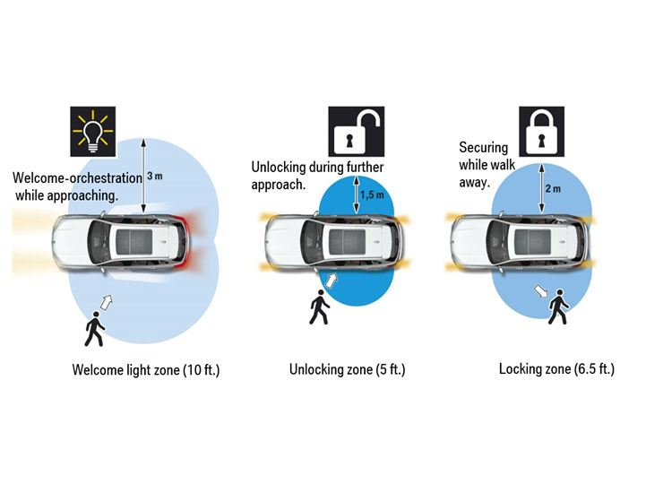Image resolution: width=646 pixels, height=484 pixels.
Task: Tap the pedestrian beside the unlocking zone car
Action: coord(319,308)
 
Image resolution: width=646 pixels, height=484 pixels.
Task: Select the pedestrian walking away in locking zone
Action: coord(559,307)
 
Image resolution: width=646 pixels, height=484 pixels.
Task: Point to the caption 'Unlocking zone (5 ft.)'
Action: coord(347,368)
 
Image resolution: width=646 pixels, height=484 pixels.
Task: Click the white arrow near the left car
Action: coord(109,302)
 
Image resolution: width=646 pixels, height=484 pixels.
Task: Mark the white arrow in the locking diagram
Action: coord(541,291)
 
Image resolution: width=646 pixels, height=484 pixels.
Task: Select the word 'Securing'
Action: coord(483,148)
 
